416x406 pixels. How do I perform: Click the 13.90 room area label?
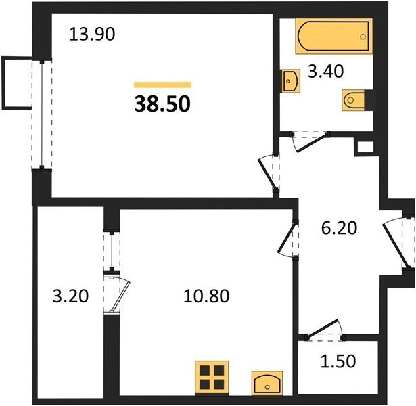(92, 35)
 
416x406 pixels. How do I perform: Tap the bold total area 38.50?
(162, 104)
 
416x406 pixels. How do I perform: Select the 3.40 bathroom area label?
(326, 71)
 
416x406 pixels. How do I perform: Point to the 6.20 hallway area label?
(340, 228)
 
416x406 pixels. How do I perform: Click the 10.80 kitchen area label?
(206, 296)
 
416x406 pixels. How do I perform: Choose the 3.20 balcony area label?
(70, 296)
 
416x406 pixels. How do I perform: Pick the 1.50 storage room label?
(338, 361)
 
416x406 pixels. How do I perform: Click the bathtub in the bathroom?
(334, 36)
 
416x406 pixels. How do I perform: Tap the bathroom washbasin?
(291, 81)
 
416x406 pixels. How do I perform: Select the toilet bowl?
(354, 100)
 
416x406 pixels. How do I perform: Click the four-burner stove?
(212, 378)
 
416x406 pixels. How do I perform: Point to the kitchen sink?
(267, 383)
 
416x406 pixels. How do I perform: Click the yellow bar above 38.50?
(162, 85)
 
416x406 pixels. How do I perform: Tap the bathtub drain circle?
(363, 37)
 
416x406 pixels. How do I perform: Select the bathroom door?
(310, 141)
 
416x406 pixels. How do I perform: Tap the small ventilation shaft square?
(365, 148)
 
